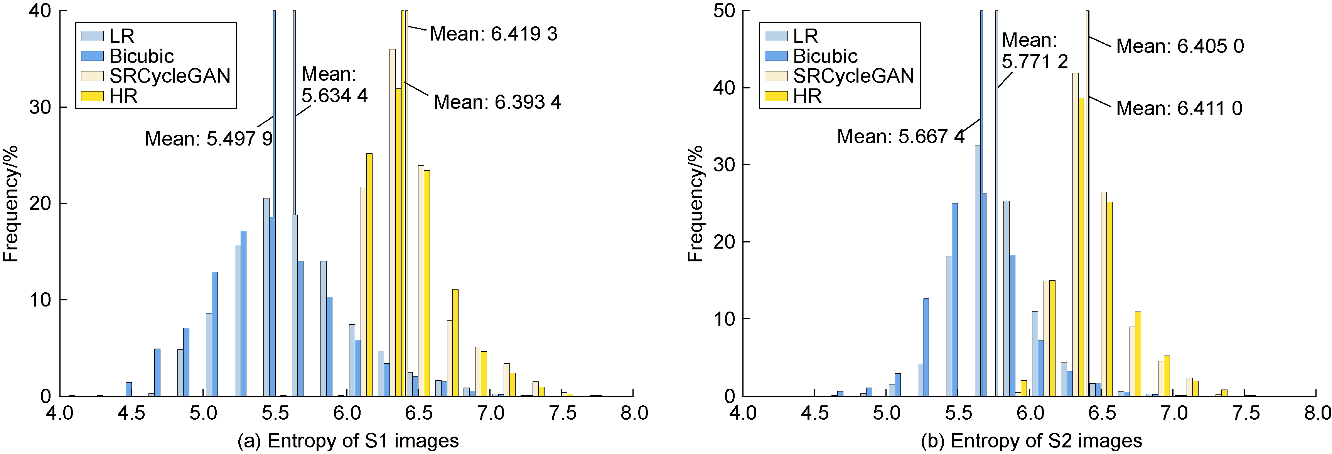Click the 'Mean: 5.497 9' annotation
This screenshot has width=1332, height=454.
pos(208,139)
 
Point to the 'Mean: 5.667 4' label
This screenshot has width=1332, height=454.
pos(900,137)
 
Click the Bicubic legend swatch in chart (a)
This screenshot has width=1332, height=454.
pos(92,56)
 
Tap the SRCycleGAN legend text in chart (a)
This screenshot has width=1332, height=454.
pos(170,76)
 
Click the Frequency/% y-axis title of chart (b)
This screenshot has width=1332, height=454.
pos(695,203)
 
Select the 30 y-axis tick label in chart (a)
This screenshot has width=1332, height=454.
pos(40,108)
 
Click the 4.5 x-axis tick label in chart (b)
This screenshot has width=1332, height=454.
pos(814,413)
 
